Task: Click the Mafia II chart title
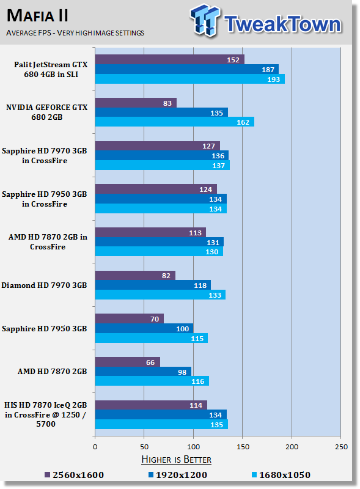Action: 37,16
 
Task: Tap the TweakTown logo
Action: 265,21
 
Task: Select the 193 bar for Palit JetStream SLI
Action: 190,79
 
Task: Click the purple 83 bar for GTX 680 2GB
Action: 136,103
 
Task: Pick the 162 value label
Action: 243,122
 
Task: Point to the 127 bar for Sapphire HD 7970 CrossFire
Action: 158,146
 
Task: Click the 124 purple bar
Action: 156,189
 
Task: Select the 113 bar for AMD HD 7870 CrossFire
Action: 151,233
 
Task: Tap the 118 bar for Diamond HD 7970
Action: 153,285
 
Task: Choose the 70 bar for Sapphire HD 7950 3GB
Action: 130,318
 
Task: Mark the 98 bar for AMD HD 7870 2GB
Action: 143,372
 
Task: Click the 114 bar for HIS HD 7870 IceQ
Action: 151,405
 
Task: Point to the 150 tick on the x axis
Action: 243,447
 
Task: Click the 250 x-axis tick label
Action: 341,447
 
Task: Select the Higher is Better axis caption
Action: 176,460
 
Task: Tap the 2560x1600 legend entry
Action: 74,475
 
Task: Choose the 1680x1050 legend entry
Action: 281,475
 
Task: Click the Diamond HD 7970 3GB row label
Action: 44,285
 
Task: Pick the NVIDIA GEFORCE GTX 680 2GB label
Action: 47,112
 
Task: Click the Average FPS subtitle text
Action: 75,33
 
